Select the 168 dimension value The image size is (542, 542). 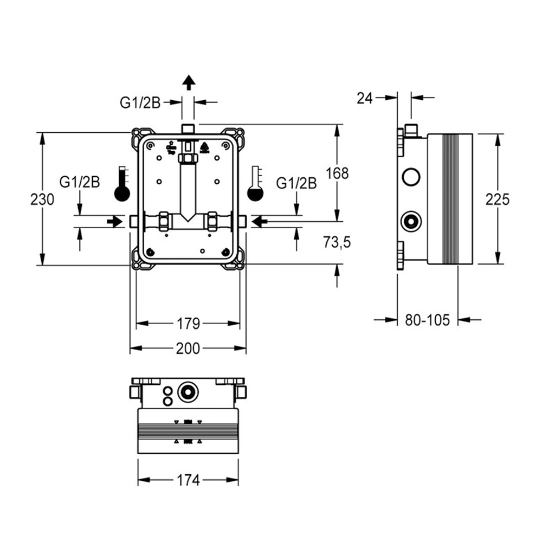tap(337, 173)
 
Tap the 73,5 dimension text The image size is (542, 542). tap(337, 242)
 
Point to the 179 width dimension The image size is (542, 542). tap(188, 324)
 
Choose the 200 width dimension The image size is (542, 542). tap(188, 349)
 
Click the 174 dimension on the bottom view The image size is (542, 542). tap(188, 480)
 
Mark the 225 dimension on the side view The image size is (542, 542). tap(498, 199)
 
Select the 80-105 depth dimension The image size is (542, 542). tap(428, 320)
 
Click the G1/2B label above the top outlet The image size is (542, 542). tap(140, 102)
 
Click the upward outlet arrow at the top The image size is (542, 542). tap(188, 82)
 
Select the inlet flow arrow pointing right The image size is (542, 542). tap(114, 221)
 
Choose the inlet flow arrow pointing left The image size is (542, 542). tap(260, 221)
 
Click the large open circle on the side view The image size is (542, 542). tap(411, 177)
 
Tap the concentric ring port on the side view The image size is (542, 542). tap(411, 221)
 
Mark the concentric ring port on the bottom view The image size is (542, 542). tap(188, 391)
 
